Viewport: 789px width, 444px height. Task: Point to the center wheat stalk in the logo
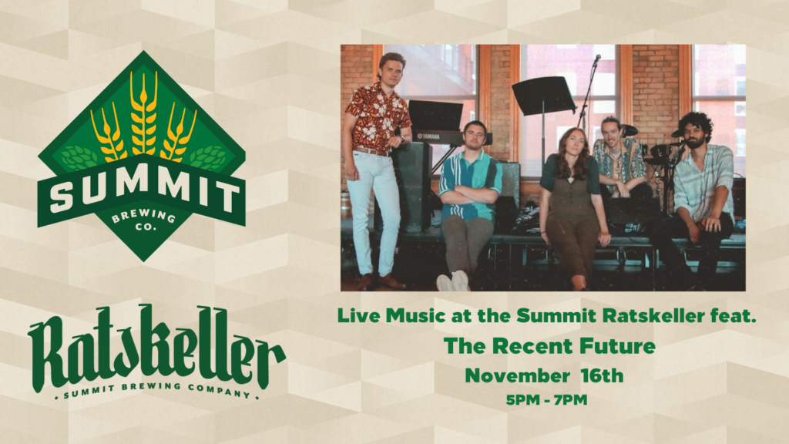point(143,113)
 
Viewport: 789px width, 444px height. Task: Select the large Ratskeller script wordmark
point(156,349)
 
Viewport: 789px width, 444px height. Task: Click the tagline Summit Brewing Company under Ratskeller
point(156,391)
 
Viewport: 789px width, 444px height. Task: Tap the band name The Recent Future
point(549,346)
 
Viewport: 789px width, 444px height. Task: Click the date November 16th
point(544,375)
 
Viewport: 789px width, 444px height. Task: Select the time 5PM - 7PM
point(546,400)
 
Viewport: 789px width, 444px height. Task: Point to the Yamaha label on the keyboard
point(428,136)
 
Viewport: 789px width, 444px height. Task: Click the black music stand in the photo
point(543,96)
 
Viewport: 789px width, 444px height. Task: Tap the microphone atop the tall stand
point(597,59)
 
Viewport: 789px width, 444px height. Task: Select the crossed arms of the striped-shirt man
point(468,194)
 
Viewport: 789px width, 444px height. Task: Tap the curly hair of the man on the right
point(696,124)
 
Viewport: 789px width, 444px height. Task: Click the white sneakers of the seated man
point(453,281)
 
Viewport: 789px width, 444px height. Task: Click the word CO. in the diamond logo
point(146,227)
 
